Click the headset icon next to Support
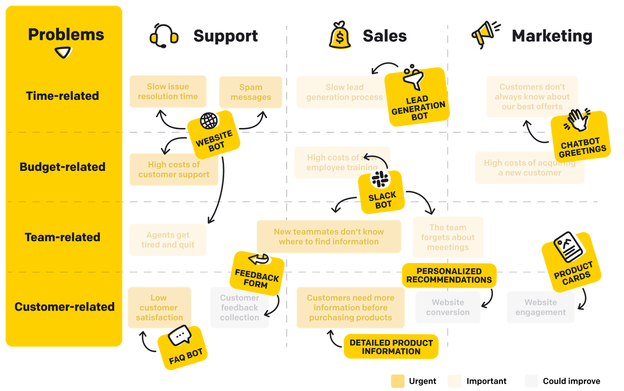click(164, 36)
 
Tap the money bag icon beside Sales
click(340, 36)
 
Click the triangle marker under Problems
click(63, 52)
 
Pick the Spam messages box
click(251, 92)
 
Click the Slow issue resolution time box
click(168, 91)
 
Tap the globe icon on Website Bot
click(209, 121)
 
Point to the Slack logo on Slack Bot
click(380, 180)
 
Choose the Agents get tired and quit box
click(168, 240)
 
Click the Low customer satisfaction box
click(159, 307)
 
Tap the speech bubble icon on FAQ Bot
click(180, 336)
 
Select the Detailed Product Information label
click(391, 347)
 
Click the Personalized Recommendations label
click(449, 275)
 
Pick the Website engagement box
click(541, 307)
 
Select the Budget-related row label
click(62, 167)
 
